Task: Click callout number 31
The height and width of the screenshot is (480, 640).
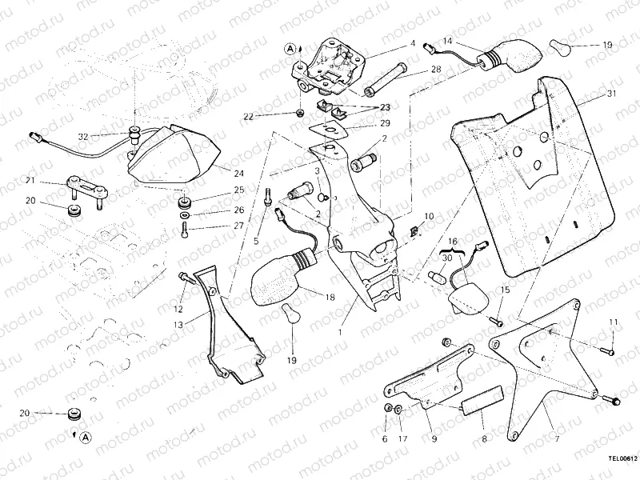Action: (612, 94)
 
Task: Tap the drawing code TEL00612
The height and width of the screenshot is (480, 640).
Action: (622, 459)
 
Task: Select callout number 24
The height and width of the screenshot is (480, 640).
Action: (239, 173)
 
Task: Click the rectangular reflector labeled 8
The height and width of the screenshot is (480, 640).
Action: (482, 399)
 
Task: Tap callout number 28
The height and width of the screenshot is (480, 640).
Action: (436, 70)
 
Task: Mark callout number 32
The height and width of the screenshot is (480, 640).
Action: (83, 137)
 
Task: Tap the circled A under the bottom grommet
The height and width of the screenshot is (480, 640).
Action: (85, 437)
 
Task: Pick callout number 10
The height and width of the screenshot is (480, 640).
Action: (429, 216)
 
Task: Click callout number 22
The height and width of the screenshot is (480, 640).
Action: (248, 117)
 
